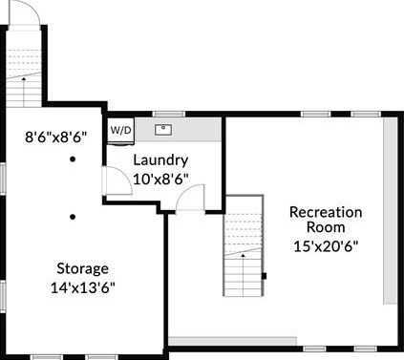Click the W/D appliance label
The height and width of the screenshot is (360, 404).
click(x=120, y=130)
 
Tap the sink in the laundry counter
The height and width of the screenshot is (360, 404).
click(x=163, y=130)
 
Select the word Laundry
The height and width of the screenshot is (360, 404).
click(x=160, y=160)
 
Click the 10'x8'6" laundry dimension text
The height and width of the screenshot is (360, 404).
click(x=160, y=180)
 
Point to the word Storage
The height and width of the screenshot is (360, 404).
click(x=83, y=269)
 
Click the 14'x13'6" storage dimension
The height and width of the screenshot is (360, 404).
click(x=82, y=288)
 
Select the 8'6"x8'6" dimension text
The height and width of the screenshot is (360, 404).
click(x=56, y=138)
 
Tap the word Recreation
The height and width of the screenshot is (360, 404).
click(x=326, y=212)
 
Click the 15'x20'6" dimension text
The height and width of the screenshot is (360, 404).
click(x=326, y=246)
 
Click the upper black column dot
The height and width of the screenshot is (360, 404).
click(x=73, y=159)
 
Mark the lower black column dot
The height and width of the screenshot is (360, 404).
click(x=73, y=217)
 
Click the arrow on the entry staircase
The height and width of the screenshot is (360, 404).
click(x=24, y=92)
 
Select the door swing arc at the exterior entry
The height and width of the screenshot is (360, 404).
click(x=31, y=7)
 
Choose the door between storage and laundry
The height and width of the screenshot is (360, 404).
click(x=117, y=180)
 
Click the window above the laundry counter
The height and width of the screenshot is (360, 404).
click(x=169, y=114)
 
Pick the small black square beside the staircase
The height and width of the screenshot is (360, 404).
click(x=264, y=276)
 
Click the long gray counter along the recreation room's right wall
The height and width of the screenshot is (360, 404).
click(x=390, y=211)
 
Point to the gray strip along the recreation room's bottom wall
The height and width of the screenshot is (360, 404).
click(x=232, y=341)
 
